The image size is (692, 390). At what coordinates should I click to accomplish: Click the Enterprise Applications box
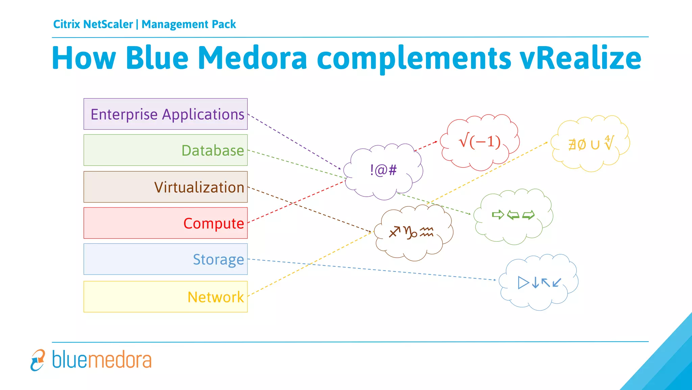point(166,114)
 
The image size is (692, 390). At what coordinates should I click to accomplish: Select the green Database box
point(166,150)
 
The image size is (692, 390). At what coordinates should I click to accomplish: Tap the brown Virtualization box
point(166,187)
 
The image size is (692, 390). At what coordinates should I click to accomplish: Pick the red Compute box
point(166,223)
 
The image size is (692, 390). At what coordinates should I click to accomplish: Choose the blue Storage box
point(166,259)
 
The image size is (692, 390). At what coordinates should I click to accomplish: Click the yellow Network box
point(166,297)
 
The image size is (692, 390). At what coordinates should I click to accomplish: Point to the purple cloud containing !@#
point(383,171)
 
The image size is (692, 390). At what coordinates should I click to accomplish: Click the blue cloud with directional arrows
point(539,282)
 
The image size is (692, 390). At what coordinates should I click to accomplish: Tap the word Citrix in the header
point(67,24)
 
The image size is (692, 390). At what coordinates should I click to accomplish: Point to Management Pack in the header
point(189,24)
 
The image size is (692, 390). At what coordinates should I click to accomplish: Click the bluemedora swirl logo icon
point(38,360)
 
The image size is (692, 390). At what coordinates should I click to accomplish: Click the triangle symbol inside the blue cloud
point(523,282)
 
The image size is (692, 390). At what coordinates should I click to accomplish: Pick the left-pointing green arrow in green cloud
point(513,215)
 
